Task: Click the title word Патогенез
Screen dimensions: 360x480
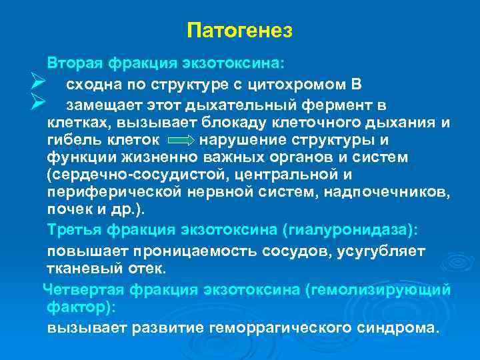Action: tap(240, 31)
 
